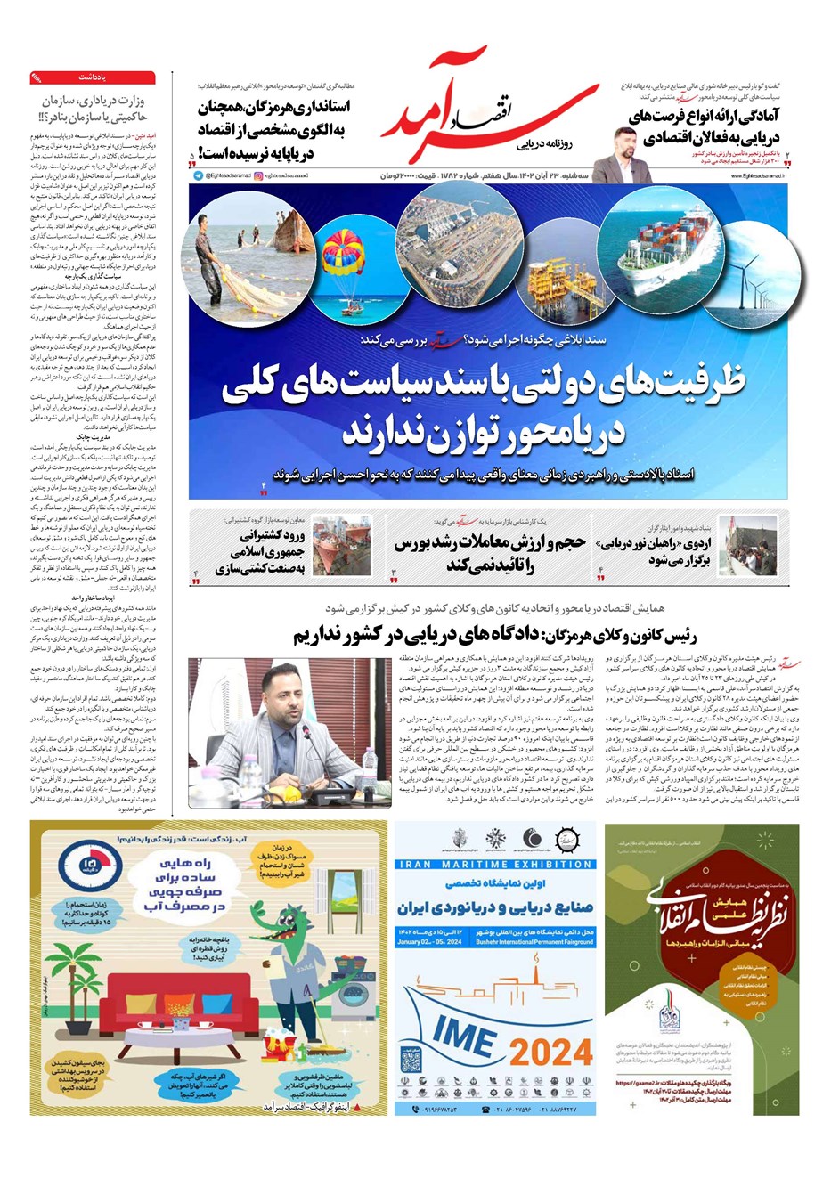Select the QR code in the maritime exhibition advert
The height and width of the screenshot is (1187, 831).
tap(410, 1061)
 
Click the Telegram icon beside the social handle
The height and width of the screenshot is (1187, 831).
tap(198, 175)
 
